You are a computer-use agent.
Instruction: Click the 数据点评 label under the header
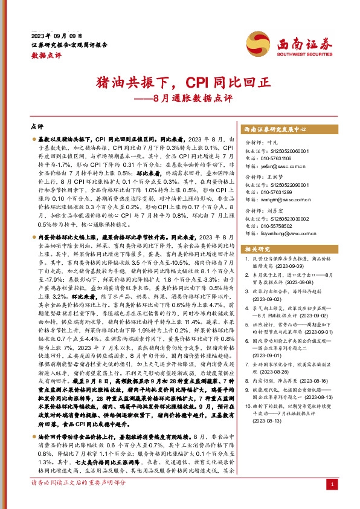46,55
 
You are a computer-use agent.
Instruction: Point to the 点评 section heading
37,128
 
